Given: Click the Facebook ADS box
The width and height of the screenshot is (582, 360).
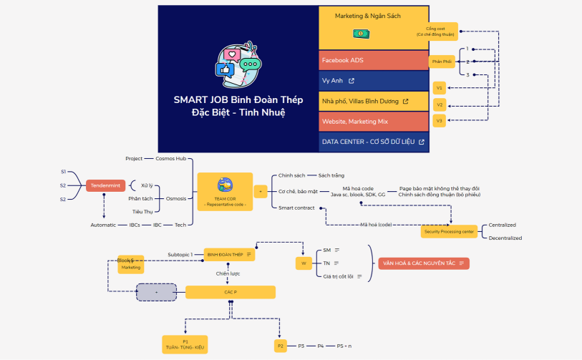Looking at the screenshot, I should click(373, 60).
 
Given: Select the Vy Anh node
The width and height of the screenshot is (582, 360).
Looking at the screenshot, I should click(373, 81).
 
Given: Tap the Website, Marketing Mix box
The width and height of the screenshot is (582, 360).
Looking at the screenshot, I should click(373, 122).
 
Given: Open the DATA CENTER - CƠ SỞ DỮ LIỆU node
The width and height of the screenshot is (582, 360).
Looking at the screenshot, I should click(373, 142).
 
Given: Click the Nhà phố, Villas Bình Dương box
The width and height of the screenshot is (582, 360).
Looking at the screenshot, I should click(373, 101).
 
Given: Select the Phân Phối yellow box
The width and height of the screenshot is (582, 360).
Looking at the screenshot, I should click(442, 62).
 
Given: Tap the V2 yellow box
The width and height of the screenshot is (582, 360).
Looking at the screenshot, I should click(440, 104).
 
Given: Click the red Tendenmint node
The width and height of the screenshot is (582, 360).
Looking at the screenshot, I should click(106, 185).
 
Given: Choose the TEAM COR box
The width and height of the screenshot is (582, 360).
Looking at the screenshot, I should click(224, 191).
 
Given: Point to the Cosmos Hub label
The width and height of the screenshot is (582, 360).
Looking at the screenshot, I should click(170, 158).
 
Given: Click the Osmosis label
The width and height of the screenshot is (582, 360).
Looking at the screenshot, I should click(176, 198).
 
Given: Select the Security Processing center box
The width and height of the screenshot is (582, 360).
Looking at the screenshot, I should click(449, 231).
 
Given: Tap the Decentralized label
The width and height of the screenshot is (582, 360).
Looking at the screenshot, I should click(505, 238).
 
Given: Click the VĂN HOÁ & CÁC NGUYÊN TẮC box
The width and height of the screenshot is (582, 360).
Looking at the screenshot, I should click(424, 263).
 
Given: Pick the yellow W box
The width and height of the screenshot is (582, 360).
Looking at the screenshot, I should click(304, 263).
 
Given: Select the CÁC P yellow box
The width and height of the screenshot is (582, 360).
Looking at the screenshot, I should click(230, 292).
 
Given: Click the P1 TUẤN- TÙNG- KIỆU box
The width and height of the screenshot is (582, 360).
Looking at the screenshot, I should click(184, 344).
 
